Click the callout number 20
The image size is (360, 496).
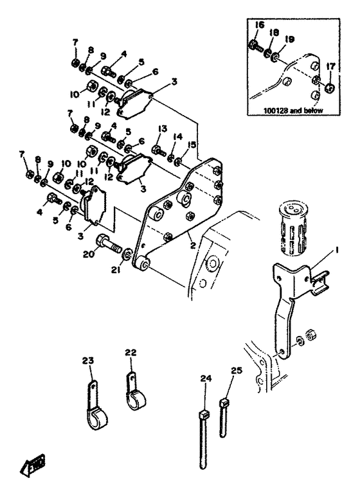click(89, 254)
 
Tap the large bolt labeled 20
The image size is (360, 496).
click(107, 242)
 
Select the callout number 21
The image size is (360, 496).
click(116, 270)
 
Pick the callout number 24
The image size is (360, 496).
click(206, 378)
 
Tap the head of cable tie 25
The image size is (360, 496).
click(224, 403)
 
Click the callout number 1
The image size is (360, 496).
click(336, 250)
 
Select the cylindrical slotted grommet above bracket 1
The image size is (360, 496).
click(292, 227)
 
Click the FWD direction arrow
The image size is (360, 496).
click(32, 465)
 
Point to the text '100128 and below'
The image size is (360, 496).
click(293, 111)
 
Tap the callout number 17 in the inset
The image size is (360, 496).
click(330, 66)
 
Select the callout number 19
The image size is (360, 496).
click(289, 39)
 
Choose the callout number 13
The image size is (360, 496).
click(163, 129)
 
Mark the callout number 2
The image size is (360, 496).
click(193, 245)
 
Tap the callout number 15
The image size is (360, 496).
click(192, 145)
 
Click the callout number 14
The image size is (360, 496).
click(178, 137)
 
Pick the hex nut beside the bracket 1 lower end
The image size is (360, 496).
click(310, 334)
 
